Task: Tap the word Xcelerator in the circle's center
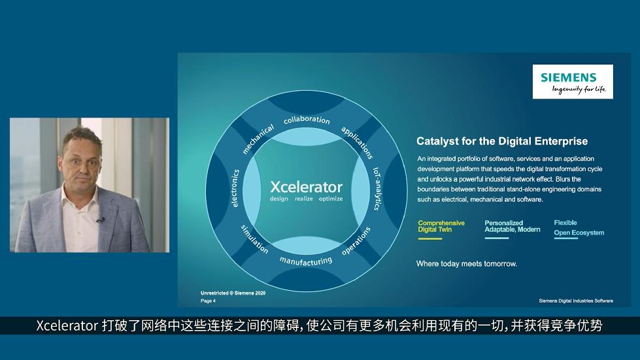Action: [x=306, y=187]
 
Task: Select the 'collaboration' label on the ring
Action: [x=307, y=120]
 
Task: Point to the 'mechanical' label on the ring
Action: [x=258, y=139]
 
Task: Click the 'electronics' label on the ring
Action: [x=235, y=188]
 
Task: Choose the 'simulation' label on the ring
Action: [x=254, y=239]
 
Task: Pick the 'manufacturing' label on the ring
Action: [x=306, y=261]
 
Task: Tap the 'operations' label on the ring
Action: [x=356, y=240]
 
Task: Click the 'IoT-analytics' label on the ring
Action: [x=377, y=188]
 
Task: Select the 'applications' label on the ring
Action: [x=357, y=142]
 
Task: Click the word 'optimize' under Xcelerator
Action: [x=331, y=199]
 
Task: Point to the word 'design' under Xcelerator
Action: [x=278, y=199]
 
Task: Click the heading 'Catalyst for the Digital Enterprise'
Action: [x=502, y=141]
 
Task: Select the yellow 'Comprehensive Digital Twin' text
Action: [x=441, y=226]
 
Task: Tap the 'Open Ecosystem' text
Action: [x=579, y=233]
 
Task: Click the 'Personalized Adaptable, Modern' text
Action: [x=513, y=226]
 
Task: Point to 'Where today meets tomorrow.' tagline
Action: [x=467, y=264]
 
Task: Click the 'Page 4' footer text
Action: [x=208, y=301]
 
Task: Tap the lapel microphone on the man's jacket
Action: [x=101, y=220]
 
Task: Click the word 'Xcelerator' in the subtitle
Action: [x=67, y=326]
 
